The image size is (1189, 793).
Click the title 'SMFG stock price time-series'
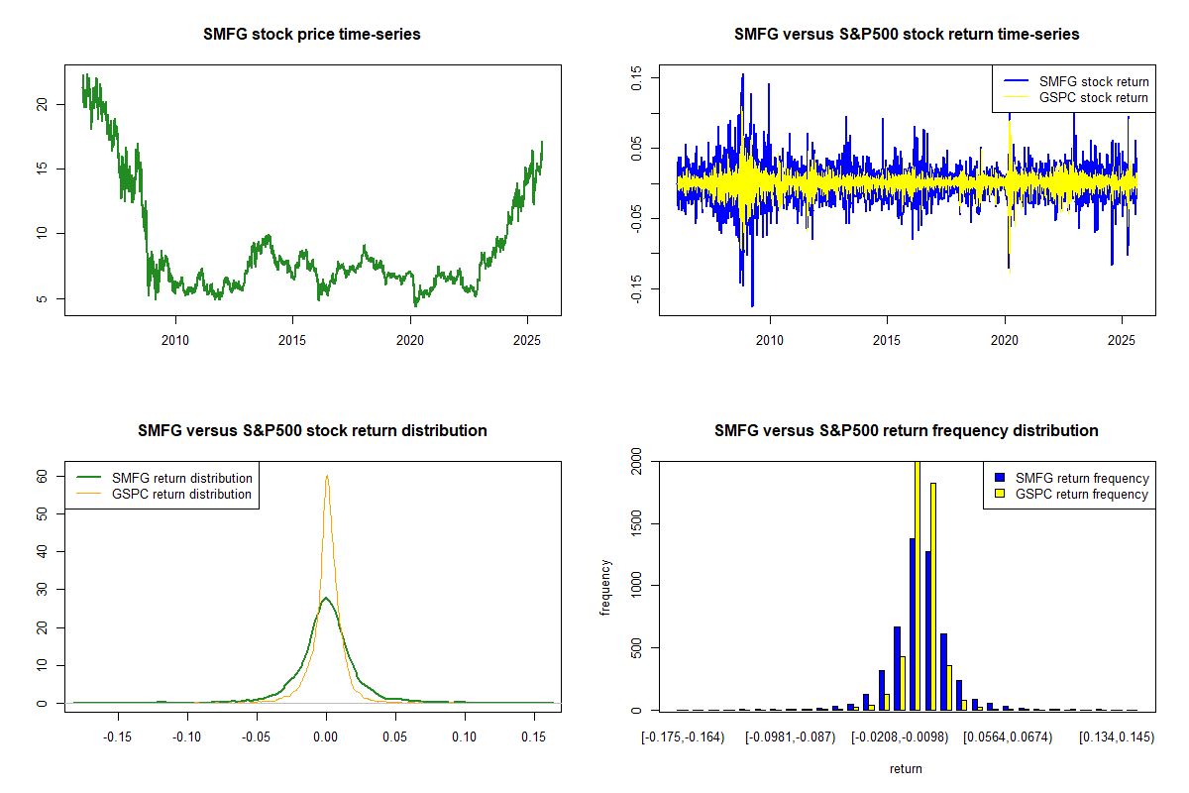[x=312, y=35]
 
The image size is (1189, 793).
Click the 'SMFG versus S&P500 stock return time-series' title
[x=907, y=35]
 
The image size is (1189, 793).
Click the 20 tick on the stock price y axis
[x=42, y=103]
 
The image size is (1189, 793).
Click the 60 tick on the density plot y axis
[x=42, y=476]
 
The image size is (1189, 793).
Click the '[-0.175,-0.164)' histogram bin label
[x=683, y=738]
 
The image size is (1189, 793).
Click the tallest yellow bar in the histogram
[x=917, y=585]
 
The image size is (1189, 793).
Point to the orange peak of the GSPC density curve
[x=326, y=476]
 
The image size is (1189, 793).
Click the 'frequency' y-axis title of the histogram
[x=605, y=587]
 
